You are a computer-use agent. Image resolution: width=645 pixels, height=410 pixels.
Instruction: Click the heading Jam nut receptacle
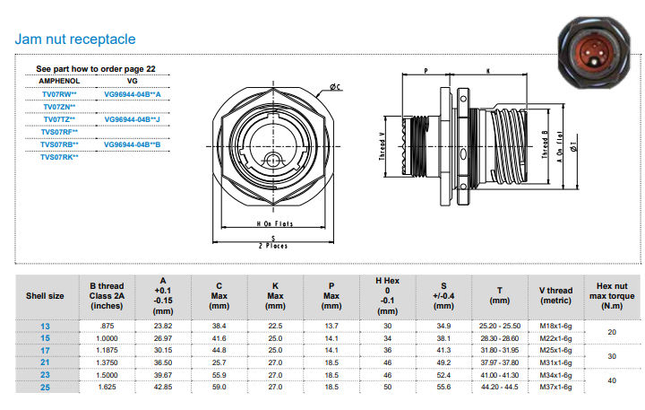[75, 39]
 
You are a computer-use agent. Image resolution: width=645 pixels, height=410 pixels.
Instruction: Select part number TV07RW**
[59, 94]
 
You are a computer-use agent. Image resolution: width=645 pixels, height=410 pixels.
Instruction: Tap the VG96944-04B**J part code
[132, 119]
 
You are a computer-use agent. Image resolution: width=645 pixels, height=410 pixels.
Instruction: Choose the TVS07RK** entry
[59, 157]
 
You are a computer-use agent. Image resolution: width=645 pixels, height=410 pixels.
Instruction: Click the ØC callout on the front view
[335, 87]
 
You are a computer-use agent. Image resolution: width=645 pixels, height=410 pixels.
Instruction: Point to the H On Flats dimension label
[275, 223]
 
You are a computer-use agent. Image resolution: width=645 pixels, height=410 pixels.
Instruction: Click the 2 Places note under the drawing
[273, 246]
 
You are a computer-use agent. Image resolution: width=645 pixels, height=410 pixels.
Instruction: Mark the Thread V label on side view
[382, 147]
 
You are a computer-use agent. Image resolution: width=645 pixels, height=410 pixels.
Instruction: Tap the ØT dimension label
[573, 146]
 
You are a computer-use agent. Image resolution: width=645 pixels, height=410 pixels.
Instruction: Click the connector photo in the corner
[594, 53]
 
